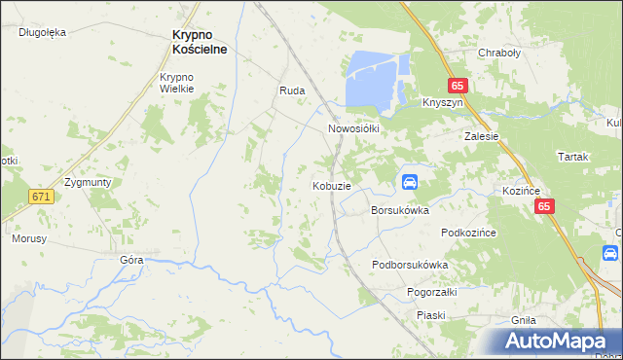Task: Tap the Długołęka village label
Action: click(x=42, y=32)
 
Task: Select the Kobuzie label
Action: click(x=331, y=186)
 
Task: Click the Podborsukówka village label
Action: click(x=410, y=265)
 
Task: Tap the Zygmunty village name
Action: click(x=87, y=182)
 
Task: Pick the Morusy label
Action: click(x=29, y=237)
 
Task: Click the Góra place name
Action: click(x=131, y=260)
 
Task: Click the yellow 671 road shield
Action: click(x=40, y=197)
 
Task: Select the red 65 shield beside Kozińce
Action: click(x=544, y=206)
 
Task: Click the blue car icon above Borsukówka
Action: click(x=410, y=182)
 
